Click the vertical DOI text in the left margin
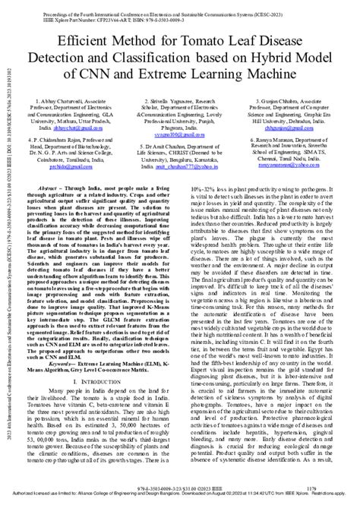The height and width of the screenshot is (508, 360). pos(6,152)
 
